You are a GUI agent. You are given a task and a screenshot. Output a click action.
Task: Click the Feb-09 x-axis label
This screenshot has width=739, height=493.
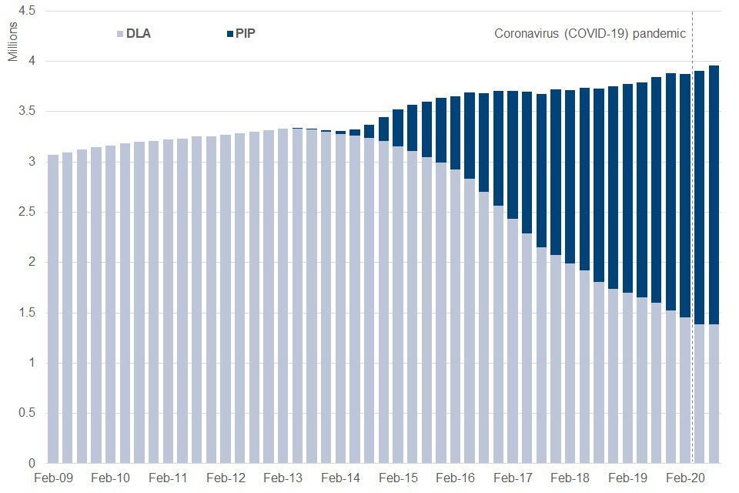tap(53, 478)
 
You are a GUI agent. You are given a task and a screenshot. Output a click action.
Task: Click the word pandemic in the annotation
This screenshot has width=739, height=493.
tap(660, 34)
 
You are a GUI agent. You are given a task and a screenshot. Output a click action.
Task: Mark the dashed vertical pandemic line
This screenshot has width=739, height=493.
tap(693, 231)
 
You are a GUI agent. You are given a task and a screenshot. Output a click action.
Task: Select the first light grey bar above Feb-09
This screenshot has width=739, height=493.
tap(53, 308)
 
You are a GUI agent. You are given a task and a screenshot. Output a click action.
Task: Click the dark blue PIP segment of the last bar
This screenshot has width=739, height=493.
tap(714, 193)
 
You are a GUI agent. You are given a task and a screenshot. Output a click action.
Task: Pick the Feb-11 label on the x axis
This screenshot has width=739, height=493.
tap(168, 478)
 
